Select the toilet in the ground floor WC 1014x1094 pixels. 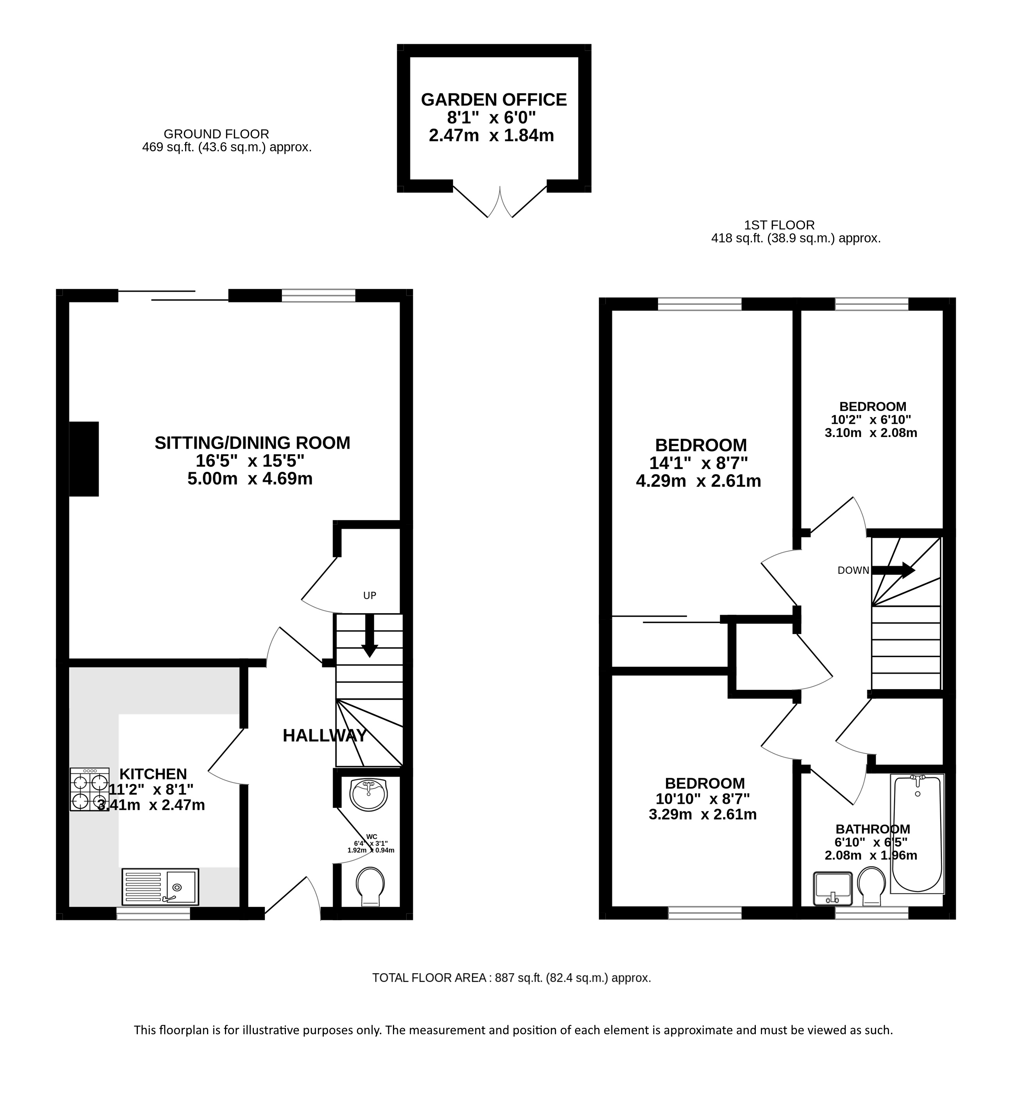tap(370, 887)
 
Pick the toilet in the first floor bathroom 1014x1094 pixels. tap(871, 886)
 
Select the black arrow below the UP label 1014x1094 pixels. tap(370, 636)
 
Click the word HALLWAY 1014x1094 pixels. tap(325, 736)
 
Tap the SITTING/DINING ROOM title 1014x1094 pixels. tap(252, 442)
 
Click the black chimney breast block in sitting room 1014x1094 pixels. tap(84, 459)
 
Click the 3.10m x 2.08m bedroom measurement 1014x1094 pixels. tap(871, 433)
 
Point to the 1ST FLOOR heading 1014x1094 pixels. tap(779, 225)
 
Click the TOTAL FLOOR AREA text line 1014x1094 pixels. tap(511, 978)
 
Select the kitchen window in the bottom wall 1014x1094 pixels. tap(153, 914)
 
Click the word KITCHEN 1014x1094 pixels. tap(153, 774)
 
